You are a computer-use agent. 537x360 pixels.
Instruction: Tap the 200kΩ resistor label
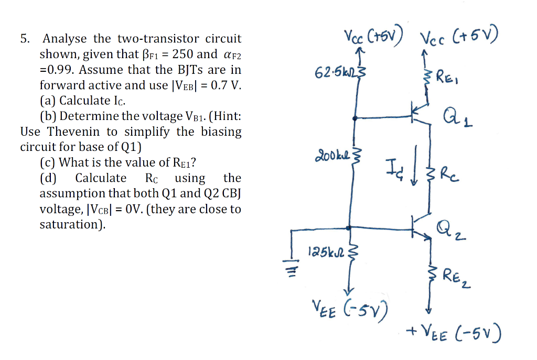click(x=333, y=156)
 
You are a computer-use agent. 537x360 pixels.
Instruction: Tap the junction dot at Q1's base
click(x=356, y=118)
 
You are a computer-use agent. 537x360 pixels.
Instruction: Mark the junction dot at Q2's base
click(x=349, y=228)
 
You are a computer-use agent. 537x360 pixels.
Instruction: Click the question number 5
click(x=24, y=39)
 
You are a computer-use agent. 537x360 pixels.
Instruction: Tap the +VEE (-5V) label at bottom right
click(x=454, y=332)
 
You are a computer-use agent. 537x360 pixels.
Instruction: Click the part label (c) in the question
click(x=49, y=162)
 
